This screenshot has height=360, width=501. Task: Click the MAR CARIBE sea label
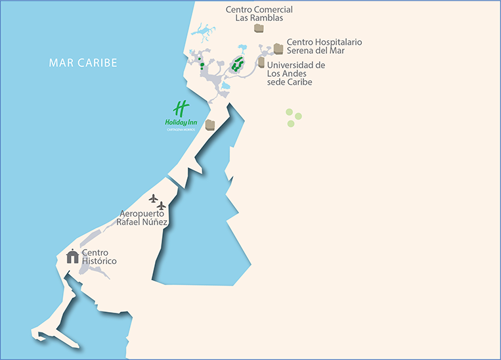coord(83,63)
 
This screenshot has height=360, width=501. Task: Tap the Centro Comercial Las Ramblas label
coord(259,14)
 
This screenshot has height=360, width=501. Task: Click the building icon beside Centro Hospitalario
coord(278,49)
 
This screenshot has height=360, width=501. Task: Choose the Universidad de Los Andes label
coord(296,74)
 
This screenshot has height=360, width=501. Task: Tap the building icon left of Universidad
coord(261,62)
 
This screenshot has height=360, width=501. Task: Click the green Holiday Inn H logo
coord(181,108)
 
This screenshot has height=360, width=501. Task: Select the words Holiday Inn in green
coord(181,122)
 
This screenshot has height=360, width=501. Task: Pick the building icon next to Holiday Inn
coord(210,125)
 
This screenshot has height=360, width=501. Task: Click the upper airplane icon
coord(154,198)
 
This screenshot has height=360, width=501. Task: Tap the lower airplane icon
coord(162,206)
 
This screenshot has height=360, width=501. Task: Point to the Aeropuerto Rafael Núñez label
coord(142,218)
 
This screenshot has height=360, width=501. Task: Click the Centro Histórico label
coord(99,257)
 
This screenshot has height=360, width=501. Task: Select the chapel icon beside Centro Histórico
coord(72,256)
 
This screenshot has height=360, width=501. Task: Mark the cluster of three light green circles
coord(293,117)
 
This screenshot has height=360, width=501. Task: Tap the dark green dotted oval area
coord(237,64)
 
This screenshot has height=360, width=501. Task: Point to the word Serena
coord(303,51)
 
